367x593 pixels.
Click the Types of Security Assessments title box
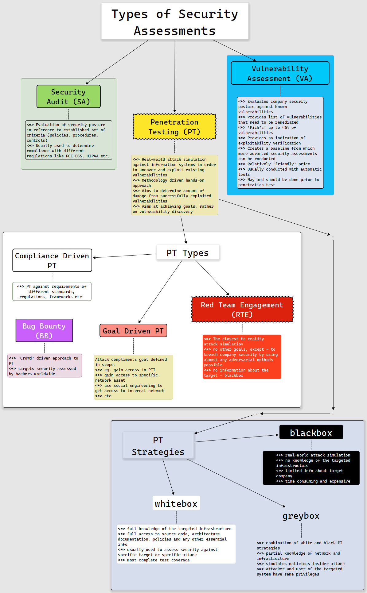(x=175, y=21)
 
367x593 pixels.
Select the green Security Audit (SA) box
(x=68, y=97)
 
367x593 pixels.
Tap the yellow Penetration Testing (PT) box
(x=174, y=127)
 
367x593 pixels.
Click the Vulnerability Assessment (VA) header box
(x=280, y=73)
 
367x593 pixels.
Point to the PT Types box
(x=188, y=253)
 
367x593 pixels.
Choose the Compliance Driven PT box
(x=52, y=260)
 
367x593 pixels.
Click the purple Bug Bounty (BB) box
(x=44, y=330)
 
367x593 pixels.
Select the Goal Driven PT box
(x=133, y=331)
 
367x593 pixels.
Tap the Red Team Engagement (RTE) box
(x=242, y=309)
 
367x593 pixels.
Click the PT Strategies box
(x=158, y=445)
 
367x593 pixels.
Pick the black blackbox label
(x=311, y=433)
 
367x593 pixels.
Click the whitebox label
(x=176, y=503)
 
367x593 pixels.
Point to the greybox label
(x=301, y=516)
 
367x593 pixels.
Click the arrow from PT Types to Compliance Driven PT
(x=124, y=256)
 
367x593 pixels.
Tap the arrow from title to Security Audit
(x=117, y=62)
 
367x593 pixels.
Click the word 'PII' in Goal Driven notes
(x=151, y=370)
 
